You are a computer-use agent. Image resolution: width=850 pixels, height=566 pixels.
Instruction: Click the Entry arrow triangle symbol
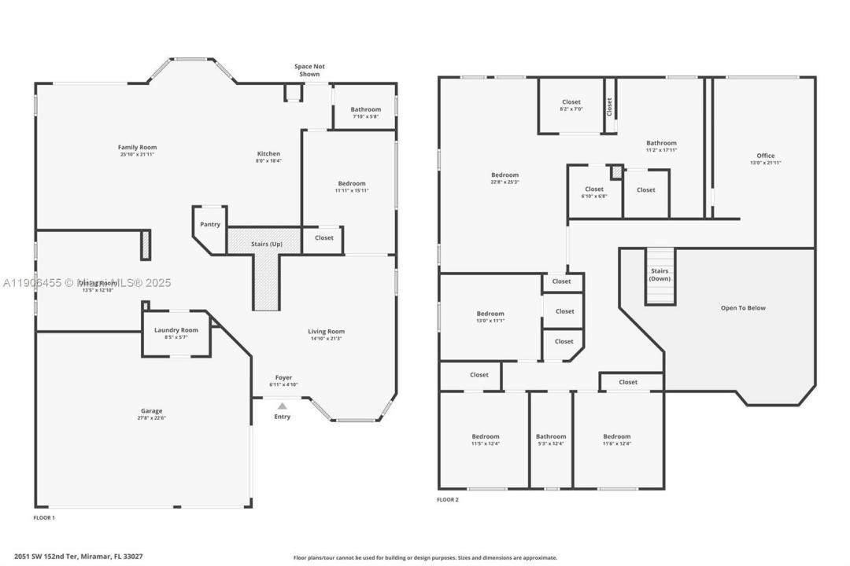282,406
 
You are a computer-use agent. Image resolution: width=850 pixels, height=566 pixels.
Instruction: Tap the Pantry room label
210,225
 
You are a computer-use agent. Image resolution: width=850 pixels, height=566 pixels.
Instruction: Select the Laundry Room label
176,330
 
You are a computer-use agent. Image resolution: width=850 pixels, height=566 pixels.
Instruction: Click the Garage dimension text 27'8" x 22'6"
152,418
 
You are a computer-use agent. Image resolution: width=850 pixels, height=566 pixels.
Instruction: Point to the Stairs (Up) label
266,244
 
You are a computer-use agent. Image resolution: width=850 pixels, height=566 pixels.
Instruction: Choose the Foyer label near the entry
283,377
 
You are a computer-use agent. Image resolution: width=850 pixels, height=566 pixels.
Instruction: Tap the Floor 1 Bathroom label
365,109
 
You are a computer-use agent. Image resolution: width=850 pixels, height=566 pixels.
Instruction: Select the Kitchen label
268,154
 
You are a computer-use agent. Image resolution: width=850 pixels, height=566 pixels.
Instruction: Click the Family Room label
138,147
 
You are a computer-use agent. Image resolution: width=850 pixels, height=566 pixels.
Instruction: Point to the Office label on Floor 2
765,156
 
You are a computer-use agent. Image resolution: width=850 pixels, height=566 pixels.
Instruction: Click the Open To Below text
743,308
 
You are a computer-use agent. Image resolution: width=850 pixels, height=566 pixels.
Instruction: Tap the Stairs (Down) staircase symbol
660,276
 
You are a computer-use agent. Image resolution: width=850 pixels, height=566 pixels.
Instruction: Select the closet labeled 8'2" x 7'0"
571,105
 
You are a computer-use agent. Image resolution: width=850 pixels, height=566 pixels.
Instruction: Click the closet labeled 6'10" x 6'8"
594,192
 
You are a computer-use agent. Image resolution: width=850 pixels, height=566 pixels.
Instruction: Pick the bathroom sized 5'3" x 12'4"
551,439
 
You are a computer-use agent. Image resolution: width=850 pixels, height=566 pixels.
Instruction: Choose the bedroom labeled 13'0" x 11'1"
490,317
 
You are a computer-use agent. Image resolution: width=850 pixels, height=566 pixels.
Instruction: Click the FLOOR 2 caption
448,499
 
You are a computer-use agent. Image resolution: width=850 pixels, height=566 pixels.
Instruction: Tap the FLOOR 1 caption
44,518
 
